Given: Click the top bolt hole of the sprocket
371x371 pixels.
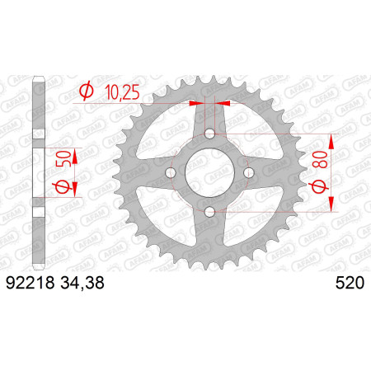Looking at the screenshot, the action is click(210, 134).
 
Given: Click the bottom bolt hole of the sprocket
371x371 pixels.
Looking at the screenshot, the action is click(210, 212).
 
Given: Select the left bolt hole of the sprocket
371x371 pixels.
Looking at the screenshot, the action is click(171, 173).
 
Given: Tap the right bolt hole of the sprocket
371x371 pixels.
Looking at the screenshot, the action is click(249, 172).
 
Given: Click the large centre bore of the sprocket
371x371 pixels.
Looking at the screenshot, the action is click(210, 172).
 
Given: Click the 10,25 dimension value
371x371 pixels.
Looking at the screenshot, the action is click(123, 92).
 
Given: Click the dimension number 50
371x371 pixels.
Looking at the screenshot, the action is click(63, 158).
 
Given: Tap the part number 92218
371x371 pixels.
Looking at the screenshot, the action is click(31, 283).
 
